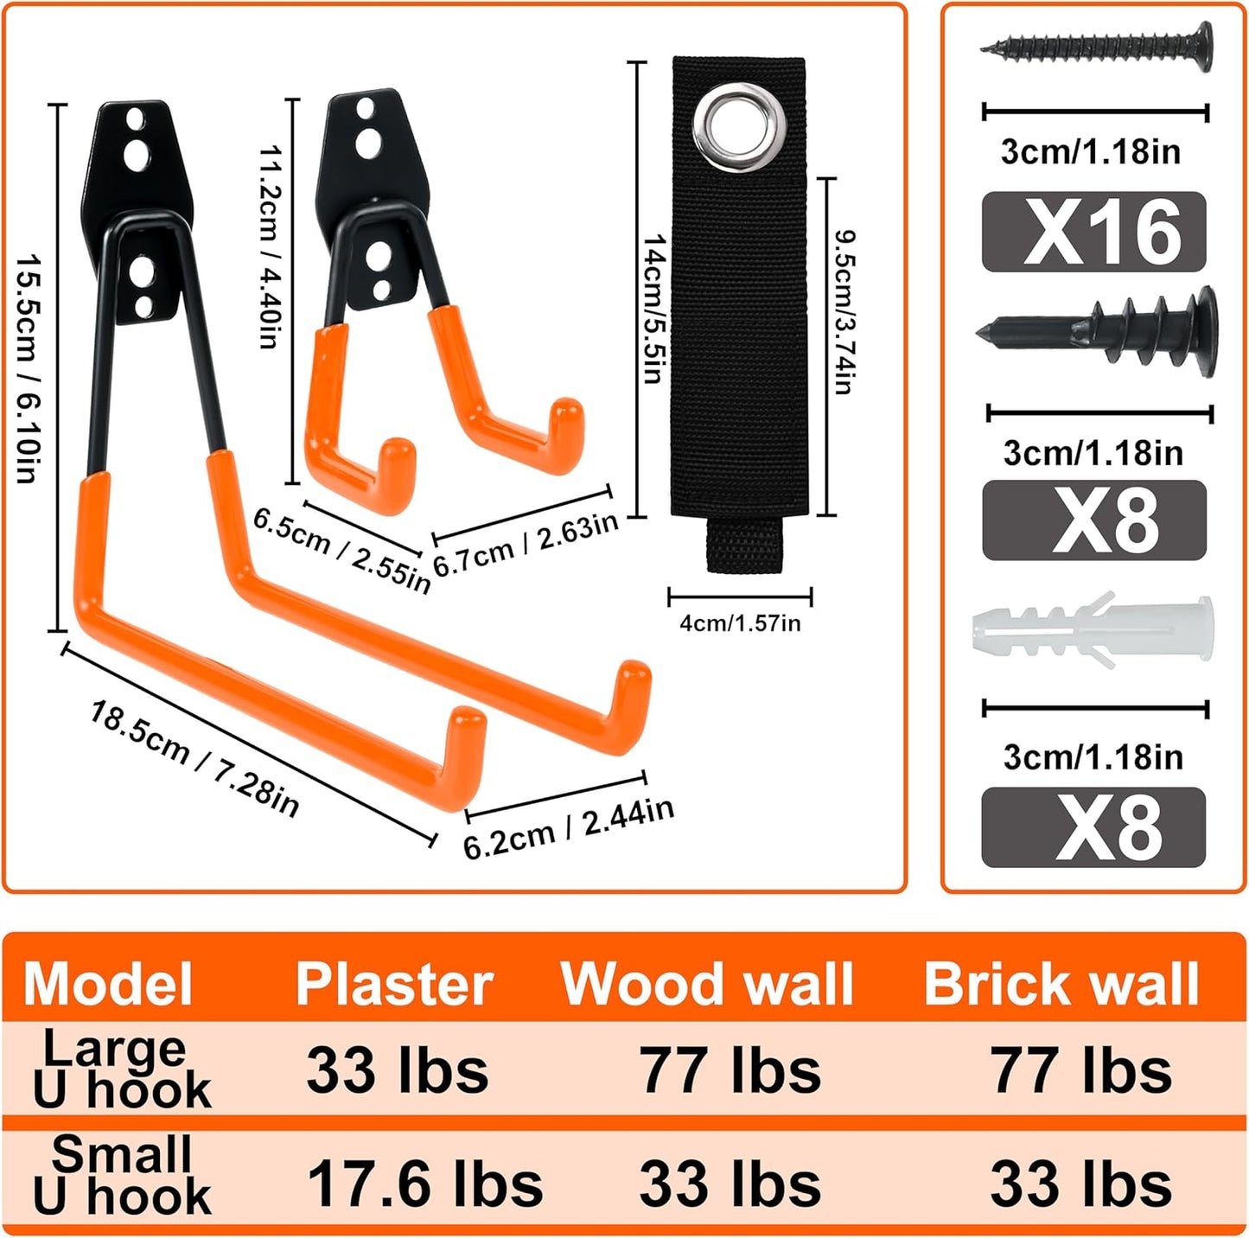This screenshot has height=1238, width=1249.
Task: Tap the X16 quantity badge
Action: pos(1093,232)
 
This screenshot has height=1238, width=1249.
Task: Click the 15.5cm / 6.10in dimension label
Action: pos(28,368)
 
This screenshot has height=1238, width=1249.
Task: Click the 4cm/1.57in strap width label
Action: pos(740,623)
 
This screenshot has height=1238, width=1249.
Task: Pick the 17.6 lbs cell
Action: pos(424,1184)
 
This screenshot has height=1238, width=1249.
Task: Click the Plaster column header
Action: pos(394,984)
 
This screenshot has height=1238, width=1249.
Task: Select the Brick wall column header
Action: pos(1061,984)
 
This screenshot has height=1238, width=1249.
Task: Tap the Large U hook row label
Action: pos(121,1069)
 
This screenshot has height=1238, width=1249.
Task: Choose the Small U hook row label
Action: pos(121,1176)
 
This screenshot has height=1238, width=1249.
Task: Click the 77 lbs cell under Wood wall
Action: pos(730,1070)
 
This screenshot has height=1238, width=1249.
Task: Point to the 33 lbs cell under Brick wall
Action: pos(1080,1184)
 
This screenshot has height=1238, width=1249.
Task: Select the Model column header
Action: pos(108,984)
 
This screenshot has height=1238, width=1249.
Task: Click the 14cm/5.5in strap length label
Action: pos(654,309)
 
